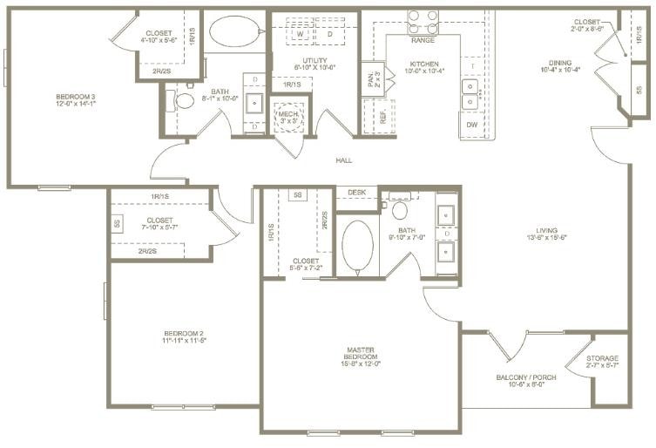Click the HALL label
point(345,160)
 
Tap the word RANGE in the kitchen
point(423,40)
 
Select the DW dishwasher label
point(471,125)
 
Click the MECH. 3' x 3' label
point(287,117)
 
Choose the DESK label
point(356,192)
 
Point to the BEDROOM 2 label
point(184,336)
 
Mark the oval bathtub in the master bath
point(357,248)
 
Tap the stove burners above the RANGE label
point(423,20)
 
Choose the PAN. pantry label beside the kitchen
point(369,81)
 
